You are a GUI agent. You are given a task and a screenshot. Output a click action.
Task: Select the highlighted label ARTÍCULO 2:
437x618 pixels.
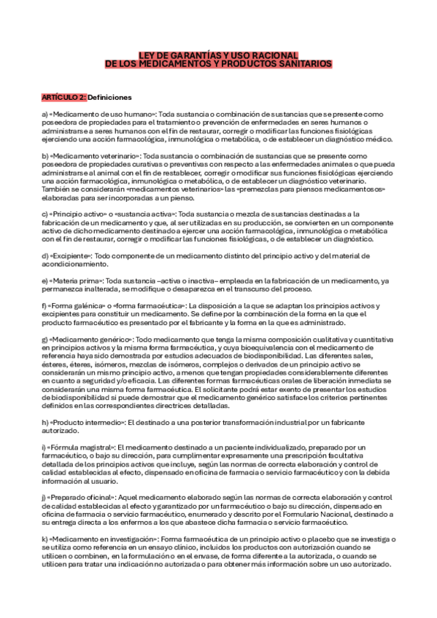pyautogui.click(x=63, y=97)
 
